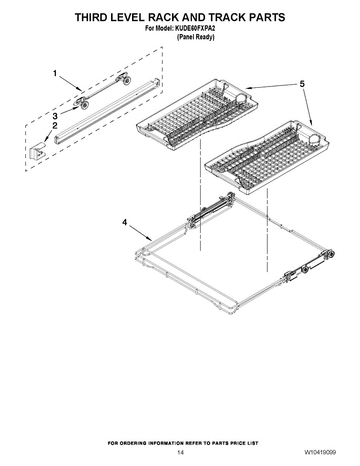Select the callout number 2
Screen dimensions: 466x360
pyautogui.click(x=55, y=125)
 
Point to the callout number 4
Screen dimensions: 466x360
pyautogui.click(x=125, y=222)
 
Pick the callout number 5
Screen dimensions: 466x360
pyautogui.click(x=302, y=84)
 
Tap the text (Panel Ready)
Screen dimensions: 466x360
pyautogui.click(x=196, y=37)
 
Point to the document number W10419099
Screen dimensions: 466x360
pyautogui.click(x=320, y=452)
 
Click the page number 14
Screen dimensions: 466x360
pyautogui.click(x=180, y=452)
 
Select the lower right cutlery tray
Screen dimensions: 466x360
pyautogui.click(x=268, y=157)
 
